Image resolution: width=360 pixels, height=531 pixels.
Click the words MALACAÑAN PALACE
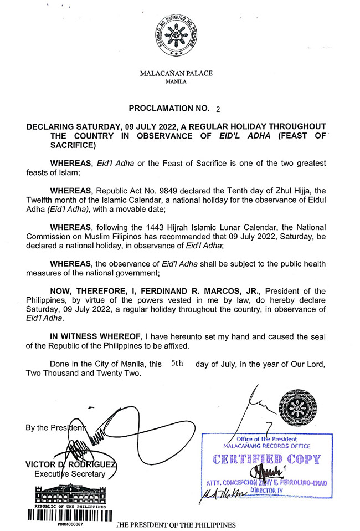pyautogui.click(x=176, y=73)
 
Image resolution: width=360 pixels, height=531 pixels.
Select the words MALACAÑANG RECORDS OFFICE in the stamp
pyautogui.click(x=266, y=446)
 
